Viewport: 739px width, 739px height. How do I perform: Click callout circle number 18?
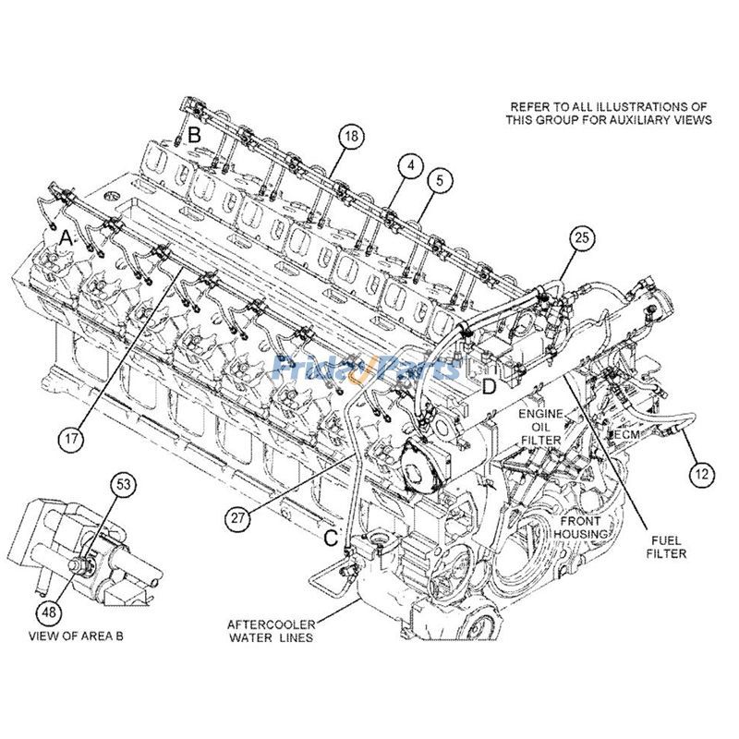[x=350, y=137]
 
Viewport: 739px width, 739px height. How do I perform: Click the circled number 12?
[x=701, y=475]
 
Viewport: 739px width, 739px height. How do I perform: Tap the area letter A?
[x=66, y=237]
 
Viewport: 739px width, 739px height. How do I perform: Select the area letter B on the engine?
[x=195, y=135]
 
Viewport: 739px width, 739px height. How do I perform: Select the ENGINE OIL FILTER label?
[x=539, y=427]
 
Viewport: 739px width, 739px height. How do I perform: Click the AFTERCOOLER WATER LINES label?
[x=270, y=630]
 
